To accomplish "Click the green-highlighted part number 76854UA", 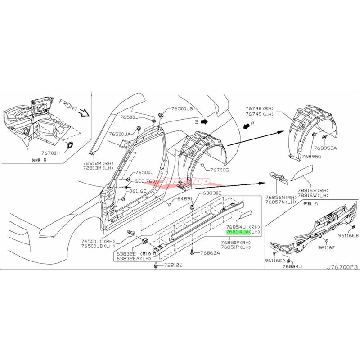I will tap(236, 232).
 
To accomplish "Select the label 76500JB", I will tap(182, 109).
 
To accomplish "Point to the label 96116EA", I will tap(276, 261).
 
